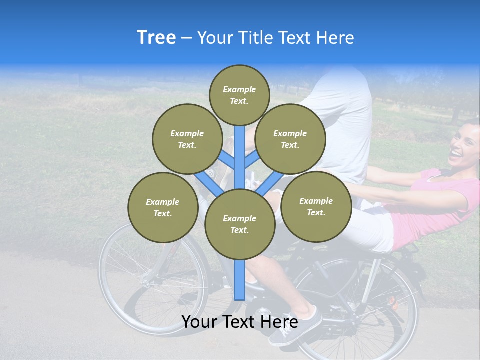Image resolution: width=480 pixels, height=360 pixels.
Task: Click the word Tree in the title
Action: [156, 37]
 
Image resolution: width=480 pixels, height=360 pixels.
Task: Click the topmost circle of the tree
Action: [239, 95]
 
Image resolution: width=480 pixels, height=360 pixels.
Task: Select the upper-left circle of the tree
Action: [187, 139]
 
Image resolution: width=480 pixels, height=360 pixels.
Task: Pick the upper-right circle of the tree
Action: [290, 139]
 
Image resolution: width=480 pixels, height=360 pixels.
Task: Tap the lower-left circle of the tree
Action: [163, 207]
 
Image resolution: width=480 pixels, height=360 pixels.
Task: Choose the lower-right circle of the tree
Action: [316, 206]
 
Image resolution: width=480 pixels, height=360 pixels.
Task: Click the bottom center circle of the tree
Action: [240, 224]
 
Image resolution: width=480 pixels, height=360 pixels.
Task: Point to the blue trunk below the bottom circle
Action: [240, 280]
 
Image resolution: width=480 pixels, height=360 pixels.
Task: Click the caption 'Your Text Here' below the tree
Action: [240, 322]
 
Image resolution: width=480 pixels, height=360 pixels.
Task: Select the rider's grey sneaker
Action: [295, 327]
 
